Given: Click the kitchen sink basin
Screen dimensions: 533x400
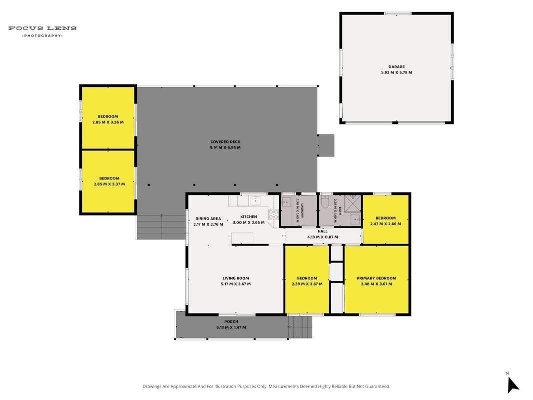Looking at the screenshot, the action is [x=255, y=200].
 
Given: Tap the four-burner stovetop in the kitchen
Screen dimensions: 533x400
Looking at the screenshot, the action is [x=273, y=214].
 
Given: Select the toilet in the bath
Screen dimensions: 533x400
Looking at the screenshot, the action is [x=325, y=201].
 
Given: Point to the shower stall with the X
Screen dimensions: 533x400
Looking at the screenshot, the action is [x=353, y=203].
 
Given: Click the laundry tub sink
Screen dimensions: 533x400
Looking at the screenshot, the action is [x=286, y=202].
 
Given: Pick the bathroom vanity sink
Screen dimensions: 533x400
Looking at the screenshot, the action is [x=356, y=219].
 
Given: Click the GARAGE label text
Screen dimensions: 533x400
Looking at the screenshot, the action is [x=396, y=67].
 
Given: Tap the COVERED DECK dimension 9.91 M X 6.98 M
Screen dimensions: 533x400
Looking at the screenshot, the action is [x=225, y=147].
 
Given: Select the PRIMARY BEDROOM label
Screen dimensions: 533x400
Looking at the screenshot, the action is [x=376, y=278].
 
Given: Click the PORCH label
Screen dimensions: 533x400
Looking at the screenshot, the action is [x=231, y=322].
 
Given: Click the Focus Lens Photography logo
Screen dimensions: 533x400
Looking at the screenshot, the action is [x=42, y=31].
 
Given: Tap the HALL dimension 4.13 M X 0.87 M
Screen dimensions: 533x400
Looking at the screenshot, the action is [x=323, y=237].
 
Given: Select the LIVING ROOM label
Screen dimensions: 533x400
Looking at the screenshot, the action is [x=236, y=278].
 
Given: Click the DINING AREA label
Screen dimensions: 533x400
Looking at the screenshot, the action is [x=208, y=218].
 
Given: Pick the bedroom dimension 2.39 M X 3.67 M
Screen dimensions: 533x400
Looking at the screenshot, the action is [x=307, y=284].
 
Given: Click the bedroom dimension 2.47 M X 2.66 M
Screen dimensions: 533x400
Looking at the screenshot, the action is [x=386, y=224].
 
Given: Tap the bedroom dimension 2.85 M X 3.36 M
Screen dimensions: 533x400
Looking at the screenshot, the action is [x=108, y=122].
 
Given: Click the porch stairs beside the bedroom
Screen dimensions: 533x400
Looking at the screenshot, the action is [x=300, y=327].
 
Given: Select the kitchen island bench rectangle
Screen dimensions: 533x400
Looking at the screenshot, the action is [x=242, y=238].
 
